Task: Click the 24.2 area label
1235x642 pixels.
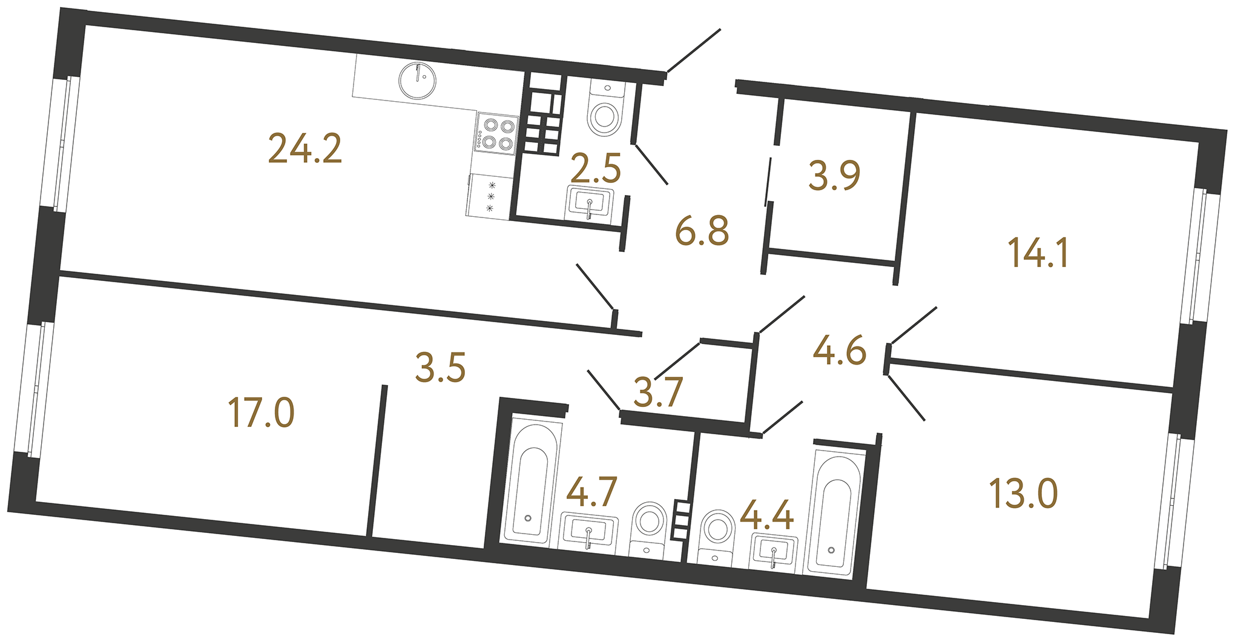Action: pos(305,149)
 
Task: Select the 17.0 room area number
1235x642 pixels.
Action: pos(261,412)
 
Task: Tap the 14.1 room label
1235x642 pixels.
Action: pos(1038,253)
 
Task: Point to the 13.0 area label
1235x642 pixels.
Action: pos(1023,493)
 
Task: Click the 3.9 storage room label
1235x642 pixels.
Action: pos(834,176)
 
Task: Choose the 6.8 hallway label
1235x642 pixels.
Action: pos(702,231)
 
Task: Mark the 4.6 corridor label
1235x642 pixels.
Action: pos(840,351)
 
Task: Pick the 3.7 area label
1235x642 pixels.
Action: pos(658,391)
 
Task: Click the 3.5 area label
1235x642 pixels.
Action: pos(440,368)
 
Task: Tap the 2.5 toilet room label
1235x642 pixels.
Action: pos(596,168)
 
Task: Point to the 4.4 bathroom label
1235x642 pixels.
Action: pos(766,516)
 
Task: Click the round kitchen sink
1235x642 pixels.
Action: pos(418,80)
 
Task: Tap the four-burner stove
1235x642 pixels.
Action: pos(496,133)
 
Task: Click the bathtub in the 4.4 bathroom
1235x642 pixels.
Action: pos(835,512)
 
